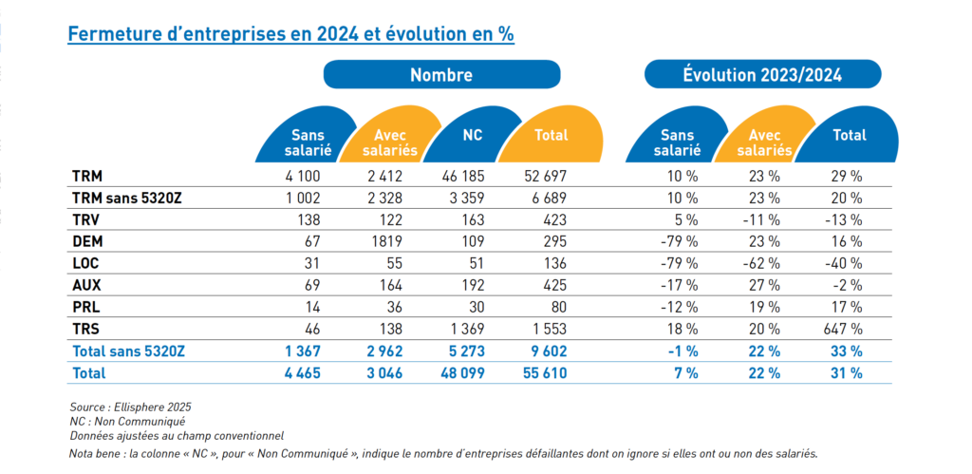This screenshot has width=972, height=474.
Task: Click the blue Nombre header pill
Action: point(440,75)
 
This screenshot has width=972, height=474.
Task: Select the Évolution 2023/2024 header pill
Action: point(763,75)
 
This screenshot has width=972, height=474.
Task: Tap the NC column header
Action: point(472,136)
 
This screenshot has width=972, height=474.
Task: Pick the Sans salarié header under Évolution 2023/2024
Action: point(676,142)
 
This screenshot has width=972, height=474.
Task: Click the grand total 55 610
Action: point(547,373)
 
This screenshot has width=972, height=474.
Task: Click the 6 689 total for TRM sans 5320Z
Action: point(551,198)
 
